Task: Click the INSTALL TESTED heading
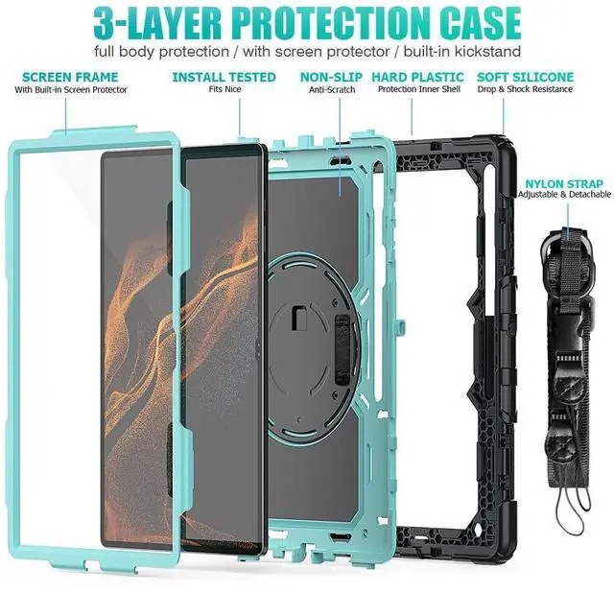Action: coord(224,76)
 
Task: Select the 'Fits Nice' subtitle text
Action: coord(224,89)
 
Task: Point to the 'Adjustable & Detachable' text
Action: coord(564,195)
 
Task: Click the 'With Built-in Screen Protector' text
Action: coord(71,89)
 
